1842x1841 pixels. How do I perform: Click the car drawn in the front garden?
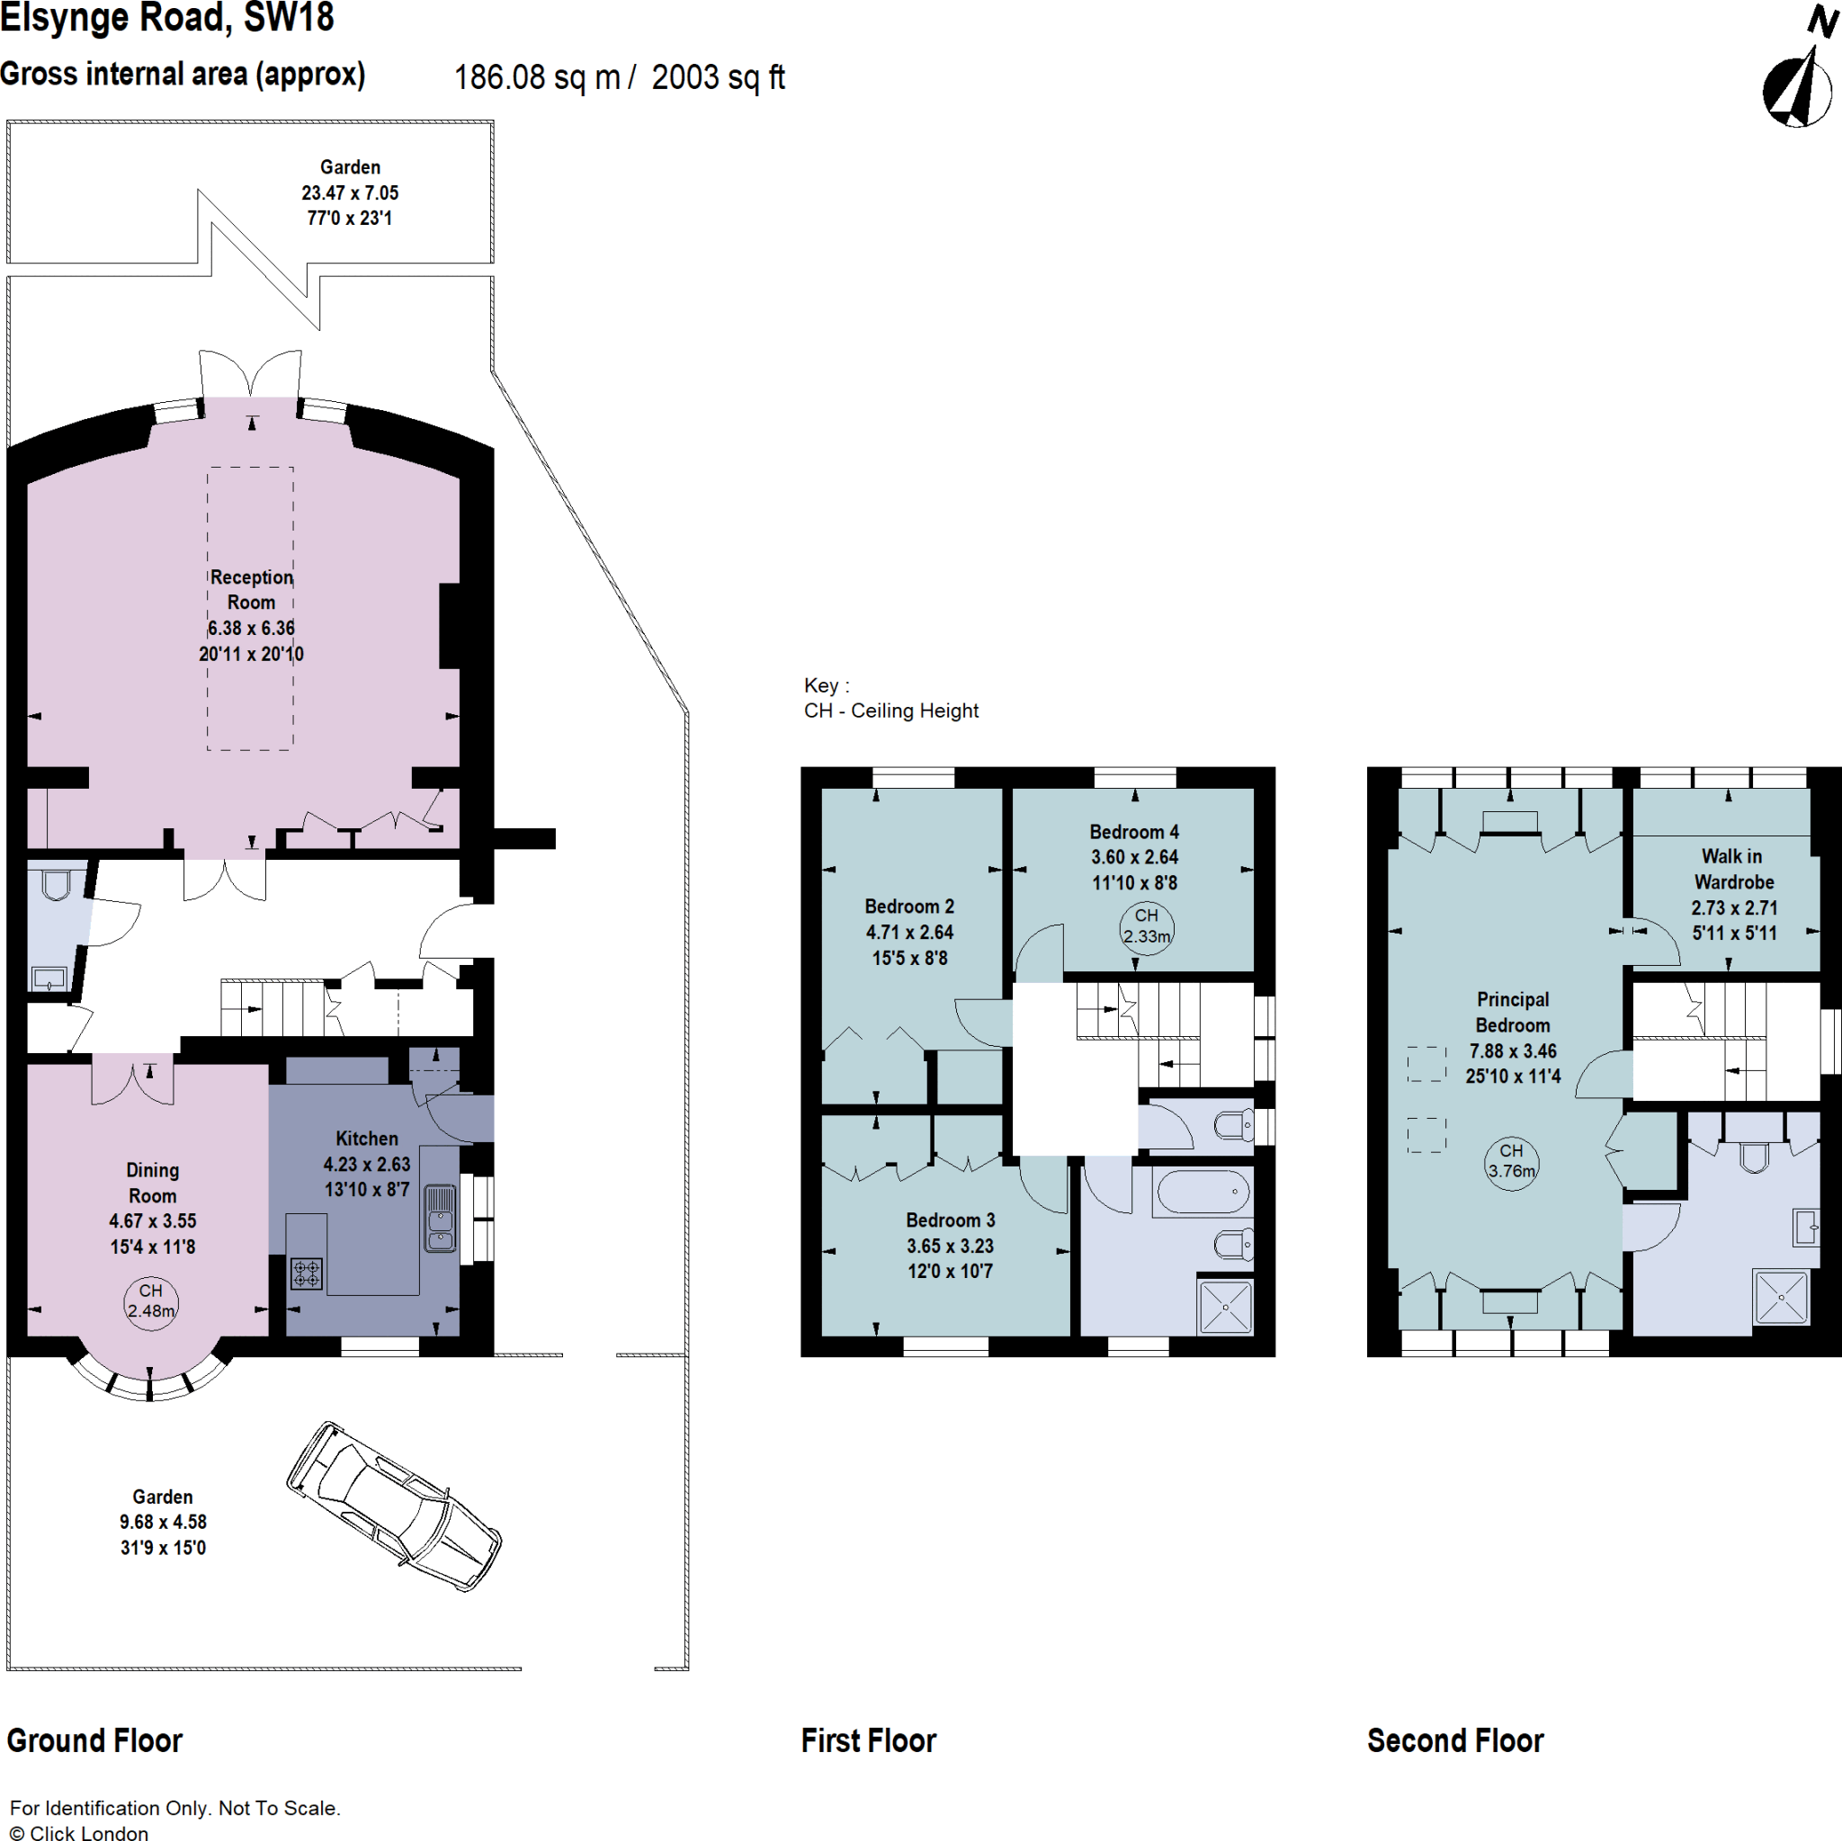[394, 1506]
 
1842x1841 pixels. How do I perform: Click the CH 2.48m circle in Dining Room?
[150, 1301]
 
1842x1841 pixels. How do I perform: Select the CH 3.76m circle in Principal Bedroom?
[1511, 1161]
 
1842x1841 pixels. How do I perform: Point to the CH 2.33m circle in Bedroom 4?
[1146, 926]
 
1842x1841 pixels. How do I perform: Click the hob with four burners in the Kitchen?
[307, 1273]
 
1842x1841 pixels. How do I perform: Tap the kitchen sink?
[440, 1218]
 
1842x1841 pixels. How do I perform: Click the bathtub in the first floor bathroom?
[1203, 1192]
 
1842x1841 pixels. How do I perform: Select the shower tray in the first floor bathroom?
[1225, 1307]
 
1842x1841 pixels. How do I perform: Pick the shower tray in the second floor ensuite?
[1780, 1297]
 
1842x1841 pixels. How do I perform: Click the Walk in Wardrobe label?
[1732, 869]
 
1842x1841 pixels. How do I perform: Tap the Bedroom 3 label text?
[950, 1220]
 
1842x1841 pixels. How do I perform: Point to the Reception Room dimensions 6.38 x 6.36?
[251, 629]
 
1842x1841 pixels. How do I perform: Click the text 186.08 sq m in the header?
[537, 77]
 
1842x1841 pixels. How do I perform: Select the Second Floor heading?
[1455, 1740]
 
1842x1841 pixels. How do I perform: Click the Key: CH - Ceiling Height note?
[890, 698]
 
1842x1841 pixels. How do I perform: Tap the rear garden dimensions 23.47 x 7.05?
[350, 192]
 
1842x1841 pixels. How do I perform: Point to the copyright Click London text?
[79, 1831]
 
